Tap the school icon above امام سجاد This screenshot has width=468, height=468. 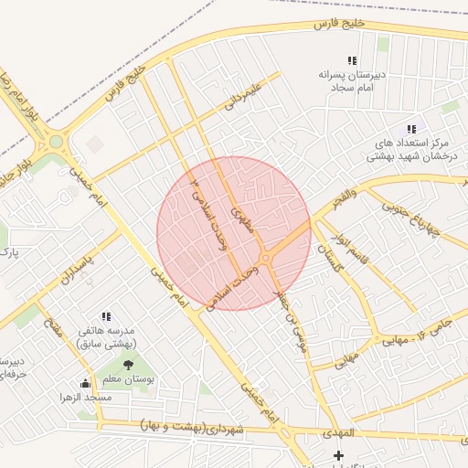point(352,60)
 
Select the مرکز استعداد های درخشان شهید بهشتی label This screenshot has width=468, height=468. point(415,151)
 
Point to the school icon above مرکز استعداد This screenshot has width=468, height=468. point(411,130)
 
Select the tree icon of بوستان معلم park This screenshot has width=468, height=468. point(127,365)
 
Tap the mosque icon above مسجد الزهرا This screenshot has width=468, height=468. point(86,383)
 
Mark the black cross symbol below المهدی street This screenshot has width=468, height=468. point(339,455)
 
